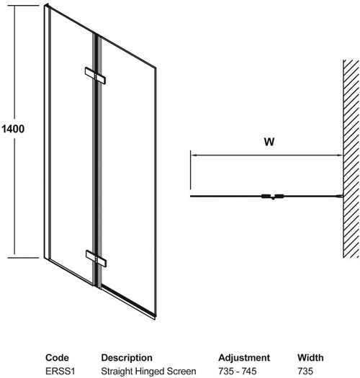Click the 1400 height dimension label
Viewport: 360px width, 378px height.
13,129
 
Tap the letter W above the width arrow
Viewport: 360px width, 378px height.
269,142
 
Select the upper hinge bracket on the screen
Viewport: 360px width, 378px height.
95,76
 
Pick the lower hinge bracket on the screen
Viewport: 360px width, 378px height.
96,258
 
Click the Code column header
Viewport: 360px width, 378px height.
57,358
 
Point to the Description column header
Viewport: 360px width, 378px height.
127,358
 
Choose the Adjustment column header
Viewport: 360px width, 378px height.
244,358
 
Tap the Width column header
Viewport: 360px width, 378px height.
310,358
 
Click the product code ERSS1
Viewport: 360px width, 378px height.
60,372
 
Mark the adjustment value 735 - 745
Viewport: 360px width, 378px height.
238,372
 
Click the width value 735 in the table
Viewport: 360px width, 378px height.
305,372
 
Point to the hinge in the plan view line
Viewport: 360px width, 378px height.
272,197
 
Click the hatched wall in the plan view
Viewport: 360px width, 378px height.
351,158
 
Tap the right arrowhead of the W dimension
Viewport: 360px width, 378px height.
340,156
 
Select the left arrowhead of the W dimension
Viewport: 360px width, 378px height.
194,156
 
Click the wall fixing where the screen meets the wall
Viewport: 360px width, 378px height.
341,197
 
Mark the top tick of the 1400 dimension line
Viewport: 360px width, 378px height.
23,5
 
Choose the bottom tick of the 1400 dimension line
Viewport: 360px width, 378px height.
23,258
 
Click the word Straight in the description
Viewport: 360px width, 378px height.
116,372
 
